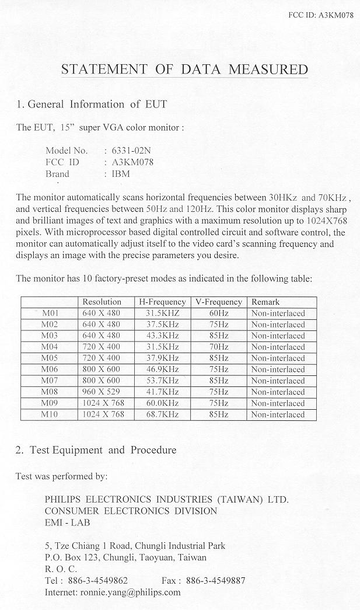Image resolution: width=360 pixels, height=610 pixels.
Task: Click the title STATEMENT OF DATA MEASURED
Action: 184,70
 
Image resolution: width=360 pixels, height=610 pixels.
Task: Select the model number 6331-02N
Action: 127,150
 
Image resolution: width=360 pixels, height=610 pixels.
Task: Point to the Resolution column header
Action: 102,302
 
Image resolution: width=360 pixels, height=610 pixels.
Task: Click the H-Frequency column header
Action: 162,302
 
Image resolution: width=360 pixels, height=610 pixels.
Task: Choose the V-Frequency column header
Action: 218,302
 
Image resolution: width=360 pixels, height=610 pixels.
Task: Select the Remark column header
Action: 265,302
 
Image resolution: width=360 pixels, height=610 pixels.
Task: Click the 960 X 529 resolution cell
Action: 102,392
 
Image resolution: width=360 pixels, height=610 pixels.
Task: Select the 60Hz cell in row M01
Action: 219,313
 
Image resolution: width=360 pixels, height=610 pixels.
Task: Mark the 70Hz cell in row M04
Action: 219,347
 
